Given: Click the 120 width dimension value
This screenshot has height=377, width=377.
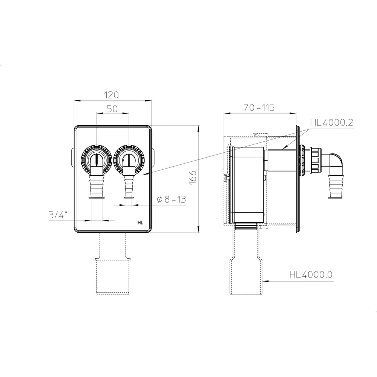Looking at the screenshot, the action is pos(112,95).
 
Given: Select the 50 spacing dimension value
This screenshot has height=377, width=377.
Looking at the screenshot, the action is pos(112,109).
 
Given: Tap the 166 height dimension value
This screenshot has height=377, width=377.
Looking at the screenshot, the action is pos(193,178).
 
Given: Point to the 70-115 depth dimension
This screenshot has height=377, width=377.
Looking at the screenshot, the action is pos(259,108).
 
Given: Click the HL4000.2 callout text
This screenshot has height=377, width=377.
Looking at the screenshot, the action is pos(331,123).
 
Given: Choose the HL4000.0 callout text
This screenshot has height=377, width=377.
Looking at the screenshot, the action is pos(311,274).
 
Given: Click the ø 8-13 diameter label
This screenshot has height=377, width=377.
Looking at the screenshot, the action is pos(171,199).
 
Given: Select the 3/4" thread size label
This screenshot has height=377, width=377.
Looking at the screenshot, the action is pos(58,215).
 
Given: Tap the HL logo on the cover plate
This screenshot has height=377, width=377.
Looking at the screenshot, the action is pos(140,223).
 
